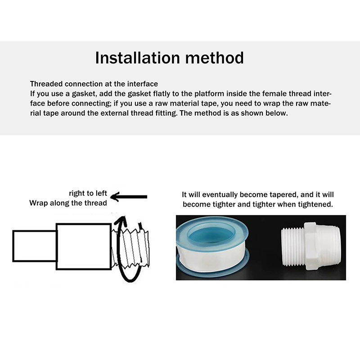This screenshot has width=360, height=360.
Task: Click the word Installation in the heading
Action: [137, 58]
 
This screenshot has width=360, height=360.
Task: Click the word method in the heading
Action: [215, 58]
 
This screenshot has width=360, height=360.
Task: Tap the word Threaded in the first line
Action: [46, 84]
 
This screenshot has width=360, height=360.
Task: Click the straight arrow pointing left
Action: [129, 197]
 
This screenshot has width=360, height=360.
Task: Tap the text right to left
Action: [88, 193]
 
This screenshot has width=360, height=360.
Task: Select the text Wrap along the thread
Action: [68, 203]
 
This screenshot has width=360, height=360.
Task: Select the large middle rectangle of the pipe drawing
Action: [84, 247]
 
